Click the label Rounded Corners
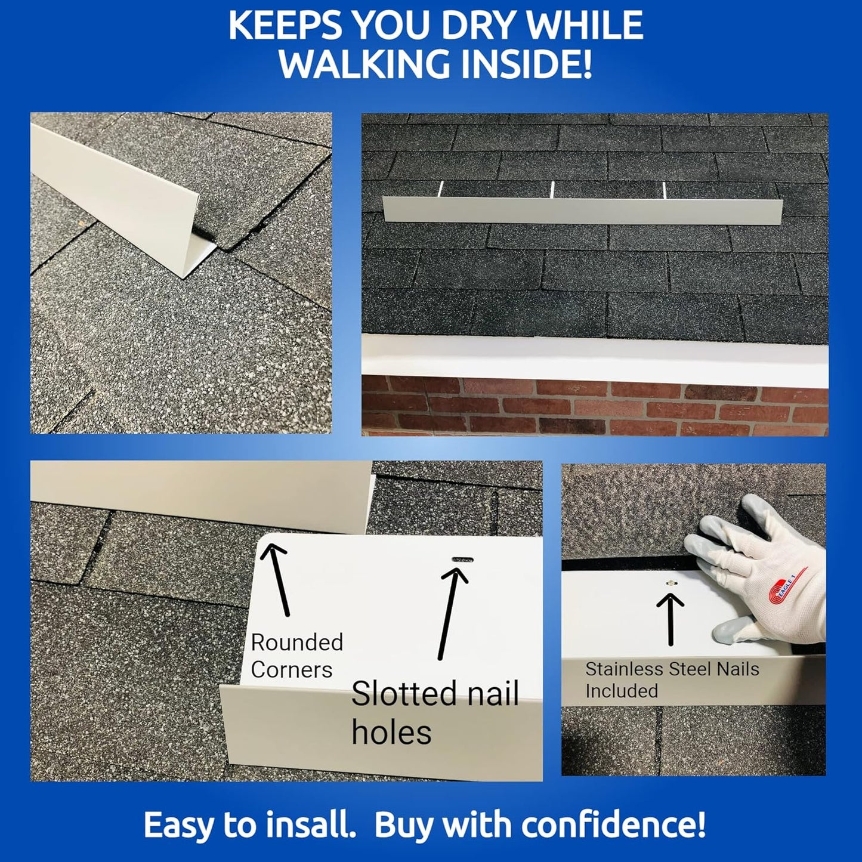click(x=296, y=656)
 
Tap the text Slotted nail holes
click(x=434, y=712)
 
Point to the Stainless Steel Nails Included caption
click(x=672, y=679)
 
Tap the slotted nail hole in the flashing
click(x=463, y=560)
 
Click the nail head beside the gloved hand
click(x=671, y=582)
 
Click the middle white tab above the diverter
click(x=552, y=189)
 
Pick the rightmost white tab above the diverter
click(x=664, y=190)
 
